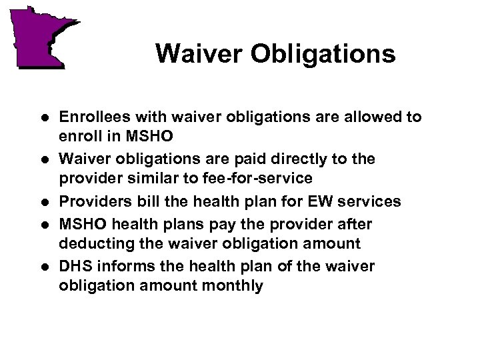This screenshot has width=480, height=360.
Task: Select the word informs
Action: pos(119,267)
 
